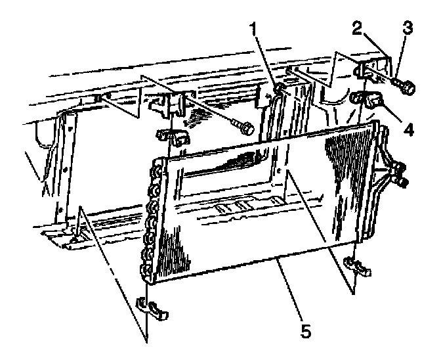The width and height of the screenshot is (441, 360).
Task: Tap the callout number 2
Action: pos(357,28)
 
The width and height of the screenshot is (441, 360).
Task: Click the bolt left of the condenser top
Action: pos(244,127)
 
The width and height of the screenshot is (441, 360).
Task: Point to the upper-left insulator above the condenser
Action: pos(170,137)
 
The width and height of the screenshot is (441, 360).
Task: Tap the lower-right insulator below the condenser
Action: pos(360,265)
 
